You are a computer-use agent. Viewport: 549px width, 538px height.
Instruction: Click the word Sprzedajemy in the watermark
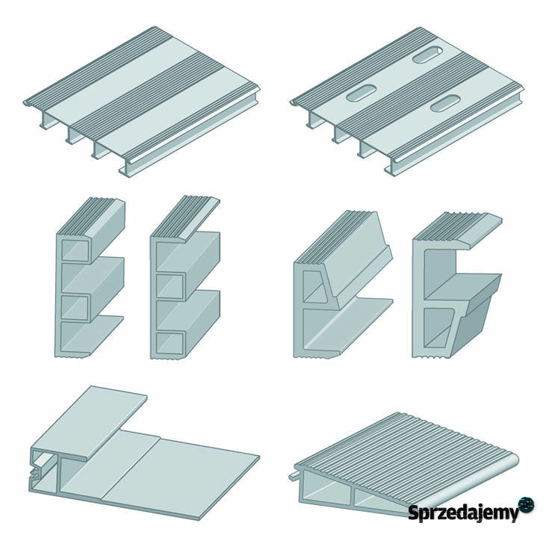(x=463, y=513)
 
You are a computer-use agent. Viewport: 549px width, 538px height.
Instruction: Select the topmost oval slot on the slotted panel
(x=427, y=55)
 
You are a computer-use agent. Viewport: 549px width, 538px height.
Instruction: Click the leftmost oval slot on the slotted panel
(x=361, y=93)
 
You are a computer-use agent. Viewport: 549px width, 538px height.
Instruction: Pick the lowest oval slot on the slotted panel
(x=444, y=103)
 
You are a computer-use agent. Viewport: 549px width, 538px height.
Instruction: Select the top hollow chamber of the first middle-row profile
(x=74, y=250)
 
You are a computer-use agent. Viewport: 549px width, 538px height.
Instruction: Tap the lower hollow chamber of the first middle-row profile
(x=74, y=307)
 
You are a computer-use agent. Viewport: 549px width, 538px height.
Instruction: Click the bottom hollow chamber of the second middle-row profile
(x=170, y=343)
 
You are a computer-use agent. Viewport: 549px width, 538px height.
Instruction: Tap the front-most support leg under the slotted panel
(x=390, y=168)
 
